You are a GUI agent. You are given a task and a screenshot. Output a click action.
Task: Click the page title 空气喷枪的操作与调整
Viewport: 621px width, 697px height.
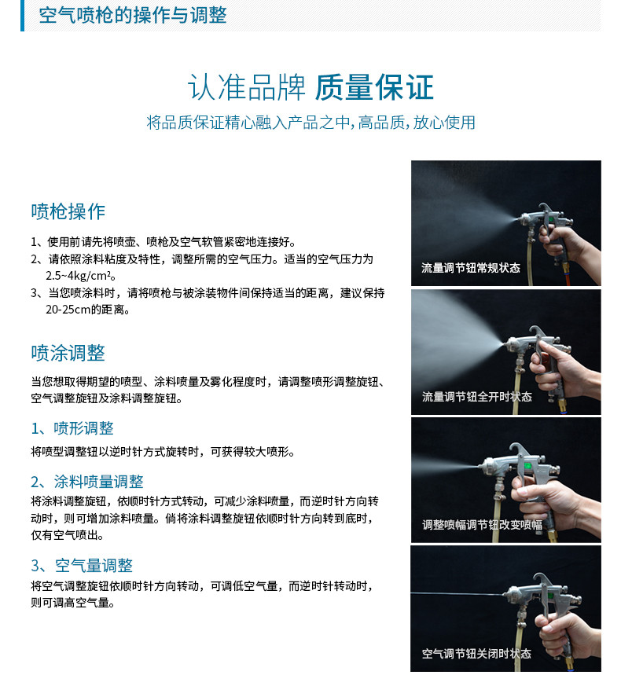click(x=133, y=16)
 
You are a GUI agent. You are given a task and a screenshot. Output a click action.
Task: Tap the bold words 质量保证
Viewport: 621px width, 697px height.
click(x=374, y=87)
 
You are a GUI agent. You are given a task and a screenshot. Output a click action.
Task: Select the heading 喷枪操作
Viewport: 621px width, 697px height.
click(x=68, y=211)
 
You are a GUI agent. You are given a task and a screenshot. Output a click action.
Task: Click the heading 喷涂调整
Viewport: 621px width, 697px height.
click(x=68, y=353)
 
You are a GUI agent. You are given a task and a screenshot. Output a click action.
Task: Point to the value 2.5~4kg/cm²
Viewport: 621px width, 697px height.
click(x=80, y=276)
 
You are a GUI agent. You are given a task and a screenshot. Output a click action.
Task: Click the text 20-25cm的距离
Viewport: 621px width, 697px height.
click(x=87, y=310)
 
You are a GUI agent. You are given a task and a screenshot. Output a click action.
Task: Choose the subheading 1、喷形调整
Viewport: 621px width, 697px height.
click(x=72, y=428)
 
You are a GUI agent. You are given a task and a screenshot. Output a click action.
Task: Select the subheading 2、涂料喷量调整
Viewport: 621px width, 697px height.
click(x=87, y=482)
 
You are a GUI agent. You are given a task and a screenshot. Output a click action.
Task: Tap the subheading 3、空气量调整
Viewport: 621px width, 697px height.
click(x=82, y=566)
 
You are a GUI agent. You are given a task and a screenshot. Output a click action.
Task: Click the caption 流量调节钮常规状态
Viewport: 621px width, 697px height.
click(x=470, y=268)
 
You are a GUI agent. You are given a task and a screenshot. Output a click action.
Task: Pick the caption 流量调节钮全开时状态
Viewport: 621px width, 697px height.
click(x=476, y=397)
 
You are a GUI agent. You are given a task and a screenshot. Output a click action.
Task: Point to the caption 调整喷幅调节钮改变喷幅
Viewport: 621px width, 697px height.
click(x=482, y=525)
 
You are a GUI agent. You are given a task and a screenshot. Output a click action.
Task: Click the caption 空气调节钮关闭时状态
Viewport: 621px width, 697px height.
click(x=476, y=654)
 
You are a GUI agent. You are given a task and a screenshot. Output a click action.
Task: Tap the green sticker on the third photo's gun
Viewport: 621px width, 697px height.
click(x=527, y=466)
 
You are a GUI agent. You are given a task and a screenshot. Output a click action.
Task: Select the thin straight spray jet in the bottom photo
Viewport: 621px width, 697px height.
click(x=457, y=594)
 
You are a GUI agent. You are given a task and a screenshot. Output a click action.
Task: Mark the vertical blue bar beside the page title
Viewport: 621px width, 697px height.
click(x=22, y=16)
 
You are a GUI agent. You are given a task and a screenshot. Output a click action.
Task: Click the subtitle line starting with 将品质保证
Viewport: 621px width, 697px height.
click(x=310, y=123)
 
